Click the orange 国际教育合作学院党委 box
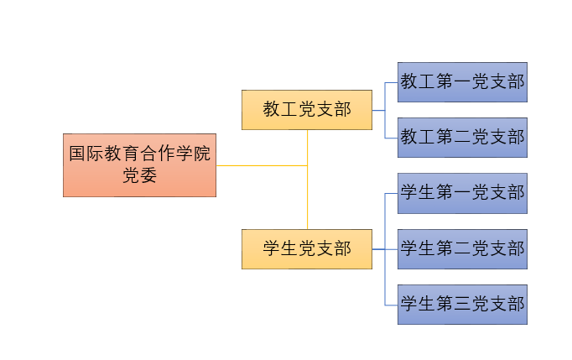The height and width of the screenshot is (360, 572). pos(139,164)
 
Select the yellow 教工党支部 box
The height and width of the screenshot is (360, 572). pos(306,110)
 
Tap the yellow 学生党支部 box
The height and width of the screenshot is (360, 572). pos(306,249)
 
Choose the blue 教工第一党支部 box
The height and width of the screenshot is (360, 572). pos(462,82)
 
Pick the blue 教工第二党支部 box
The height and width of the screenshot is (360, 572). pos(462,138)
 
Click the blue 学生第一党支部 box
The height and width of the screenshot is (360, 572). pos(462,193)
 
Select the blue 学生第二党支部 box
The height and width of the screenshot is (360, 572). pos(462,249)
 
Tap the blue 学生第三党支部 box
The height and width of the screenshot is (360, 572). pos(462,305)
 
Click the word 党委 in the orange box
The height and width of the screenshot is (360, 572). pos(139,175)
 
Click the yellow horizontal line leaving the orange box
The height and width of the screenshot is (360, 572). pos(260,165)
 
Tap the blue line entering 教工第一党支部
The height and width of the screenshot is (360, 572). pos(391,82)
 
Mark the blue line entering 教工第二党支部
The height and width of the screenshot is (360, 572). pos(391,138)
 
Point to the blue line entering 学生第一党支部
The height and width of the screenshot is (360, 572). pos(391,193)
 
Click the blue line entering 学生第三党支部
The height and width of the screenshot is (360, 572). pos(391,305)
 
